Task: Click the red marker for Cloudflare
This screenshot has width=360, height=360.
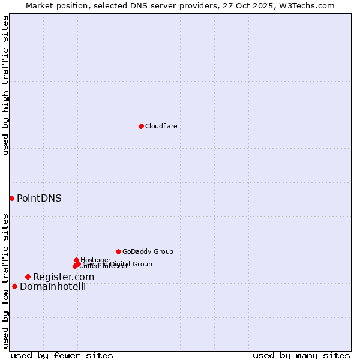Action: pyautogui.click(x=141, y=126)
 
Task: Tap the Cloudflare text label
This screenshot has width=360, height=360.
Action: pyautogui.click(x=161, y=126)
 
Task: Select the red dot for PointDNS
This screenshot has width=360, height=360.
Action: pyautogui.click(x=11, y=198)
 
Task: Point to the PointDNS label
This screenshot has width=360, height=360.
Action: pyautogui.click(x=39, y=198)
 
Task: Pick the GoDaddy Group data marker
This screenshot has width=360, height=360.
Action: pyautogui.click(x=118, y=251)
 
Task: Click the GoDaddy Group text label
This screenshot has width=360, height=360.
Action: pyautogui.click(x=148, y=251)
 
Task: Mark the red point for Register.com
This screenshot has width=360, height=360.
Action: pyautogui.click(x=28, y=277)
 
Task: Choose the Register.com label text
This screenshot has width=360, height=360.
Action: pyautogui.click(x=64, y=277)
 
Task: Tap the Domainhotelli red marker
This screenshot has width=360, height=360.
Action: pyautogui.click(x=14, y=286)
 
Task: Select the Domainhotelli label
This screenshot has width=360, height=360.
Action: pyautogui.click(x=53, y=286)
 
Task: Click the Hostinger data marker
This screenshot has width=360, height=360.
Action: pyautogui.click(x=76, y=260)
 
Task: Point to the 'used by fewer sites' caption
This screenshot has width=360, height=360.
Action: pyautogui.click(x=62, y=355)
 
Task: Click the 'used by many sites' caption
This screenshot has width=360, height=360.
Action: pyautogui.click(x=301, y=355)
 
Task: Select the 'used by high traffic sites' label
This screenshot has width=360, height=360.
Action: pyautogui.click(x=5, y=86)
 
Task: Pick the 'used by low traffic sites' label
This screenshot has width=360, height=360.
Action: pyautogui.click(x=5, y=281)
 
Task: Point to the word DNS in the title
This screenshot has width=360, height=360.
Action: pyautogui.click(x=136, y=5)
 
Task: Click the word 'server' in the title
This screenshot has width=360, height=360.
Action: pyautogui.click(x=159, y=5)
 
